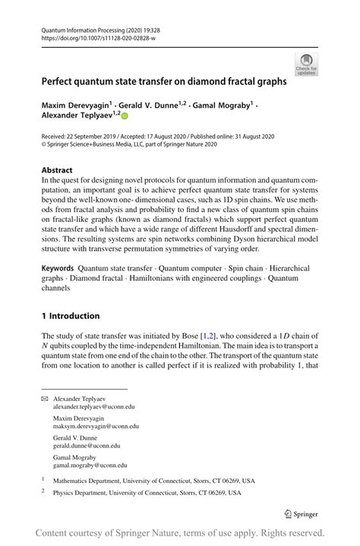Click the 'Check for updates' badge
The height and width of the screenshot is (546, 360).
pos(308,64)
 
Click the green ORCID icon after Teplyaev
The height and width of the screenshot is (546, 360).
pos(125,115)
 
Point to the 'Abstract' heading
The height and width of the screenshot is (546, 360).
pos(57,170)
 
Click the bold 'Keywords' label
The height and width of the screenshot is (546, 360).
pos(58,268)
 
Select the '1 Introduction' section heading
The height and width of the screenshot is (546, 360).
pos(71,316)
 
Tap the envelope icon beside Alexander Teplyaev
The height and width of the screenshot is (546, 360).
pos(45,399)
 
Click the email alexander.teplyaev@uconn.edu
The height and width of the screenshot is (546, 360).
pos(96,407)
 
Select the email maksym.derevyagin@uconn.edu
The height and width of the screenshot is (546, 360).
pos(96,427)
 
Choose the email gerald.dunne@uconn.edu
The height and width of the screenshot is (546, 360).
pos(90,447)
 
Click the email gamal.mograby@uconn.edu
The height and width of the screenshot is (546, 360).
pos(90,466)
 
